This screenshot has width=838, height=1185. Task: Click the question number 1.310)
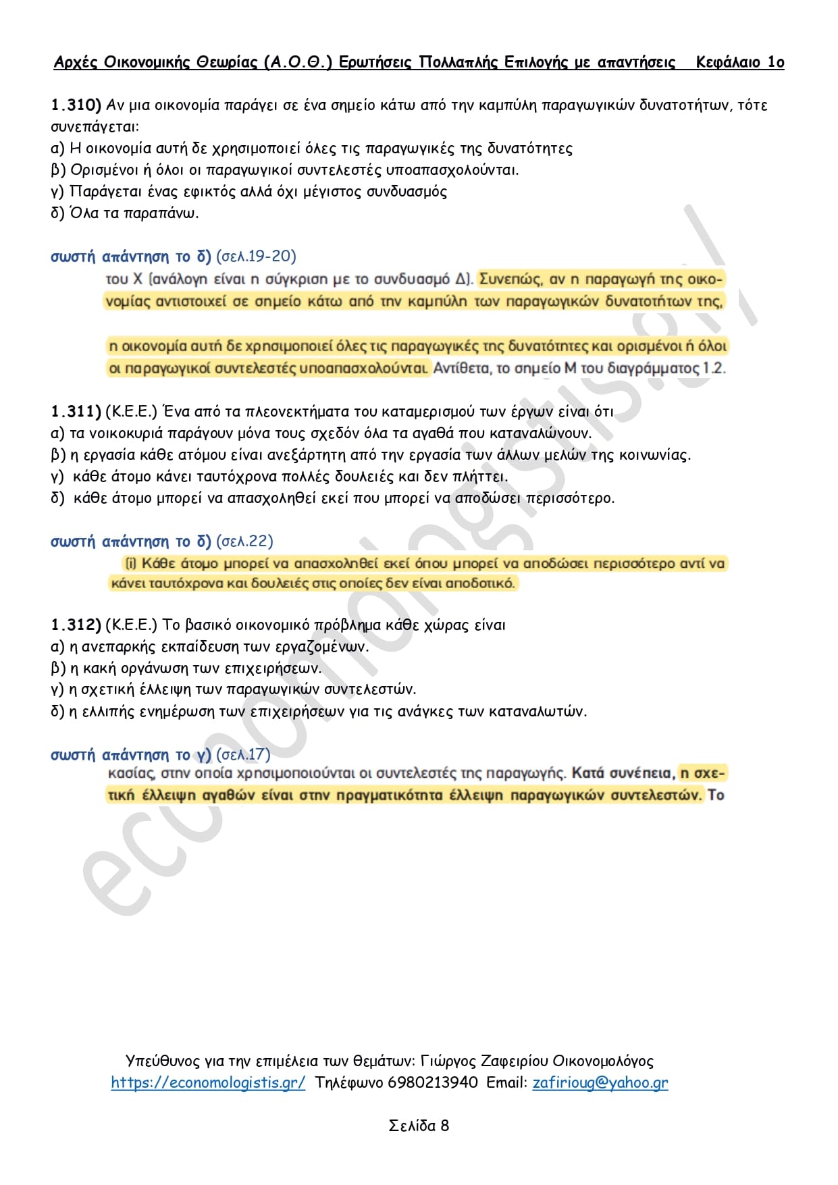pyautogui.click(x=76, y=105)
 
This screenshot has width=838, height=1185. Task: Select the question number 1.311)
pyautogui.click(x=76, y=411)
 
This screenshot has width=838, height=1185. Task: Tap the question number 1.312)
pyautogui.click(x=76, y=625)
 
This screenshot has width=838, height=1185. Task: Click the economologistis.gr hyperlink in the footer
pyautogui.click(x=208, y=1082)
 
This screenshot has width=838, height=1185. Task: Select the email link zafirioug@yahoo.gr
pyautogui.click(x=600, y=1082)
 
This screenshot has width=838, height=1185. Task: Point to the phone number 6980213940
pyautogui.click(x=433, y=1082)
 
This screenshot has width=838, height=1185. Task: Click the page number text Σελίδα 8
pyautogui.click(x=419, y=1126)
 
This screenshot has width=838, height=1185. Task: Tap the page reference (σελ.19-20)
pyautogui.click(x=256, y=257)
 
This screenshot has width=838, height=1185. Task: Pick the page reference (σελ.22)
pyautogui.click(x=244, y=542)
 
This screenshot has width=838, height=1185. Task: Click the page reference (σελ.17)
pyautogui.click(x=242, y=755)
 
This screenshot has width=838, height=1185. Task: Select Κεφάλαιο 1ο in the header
pyautogui.click(x=739, y=63)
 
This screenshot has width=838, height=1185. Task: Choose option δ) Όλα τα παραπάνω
pyautogui.click(x=125, y=213)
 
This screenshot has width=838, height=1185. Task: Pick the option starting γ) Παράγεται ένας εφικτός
pyautogui.click(x=248, y=192)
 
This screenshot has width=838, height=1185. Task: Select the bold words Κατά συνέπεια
pyautogui.click(x=622, y=773)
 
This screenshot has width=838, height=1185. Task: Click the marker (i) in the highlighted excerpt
pyautogui.click(x=131, y=563)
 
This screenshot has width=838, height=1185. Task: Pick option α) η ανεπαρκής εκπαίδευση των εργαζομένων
pyautogui.click(x=210, y=646)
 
